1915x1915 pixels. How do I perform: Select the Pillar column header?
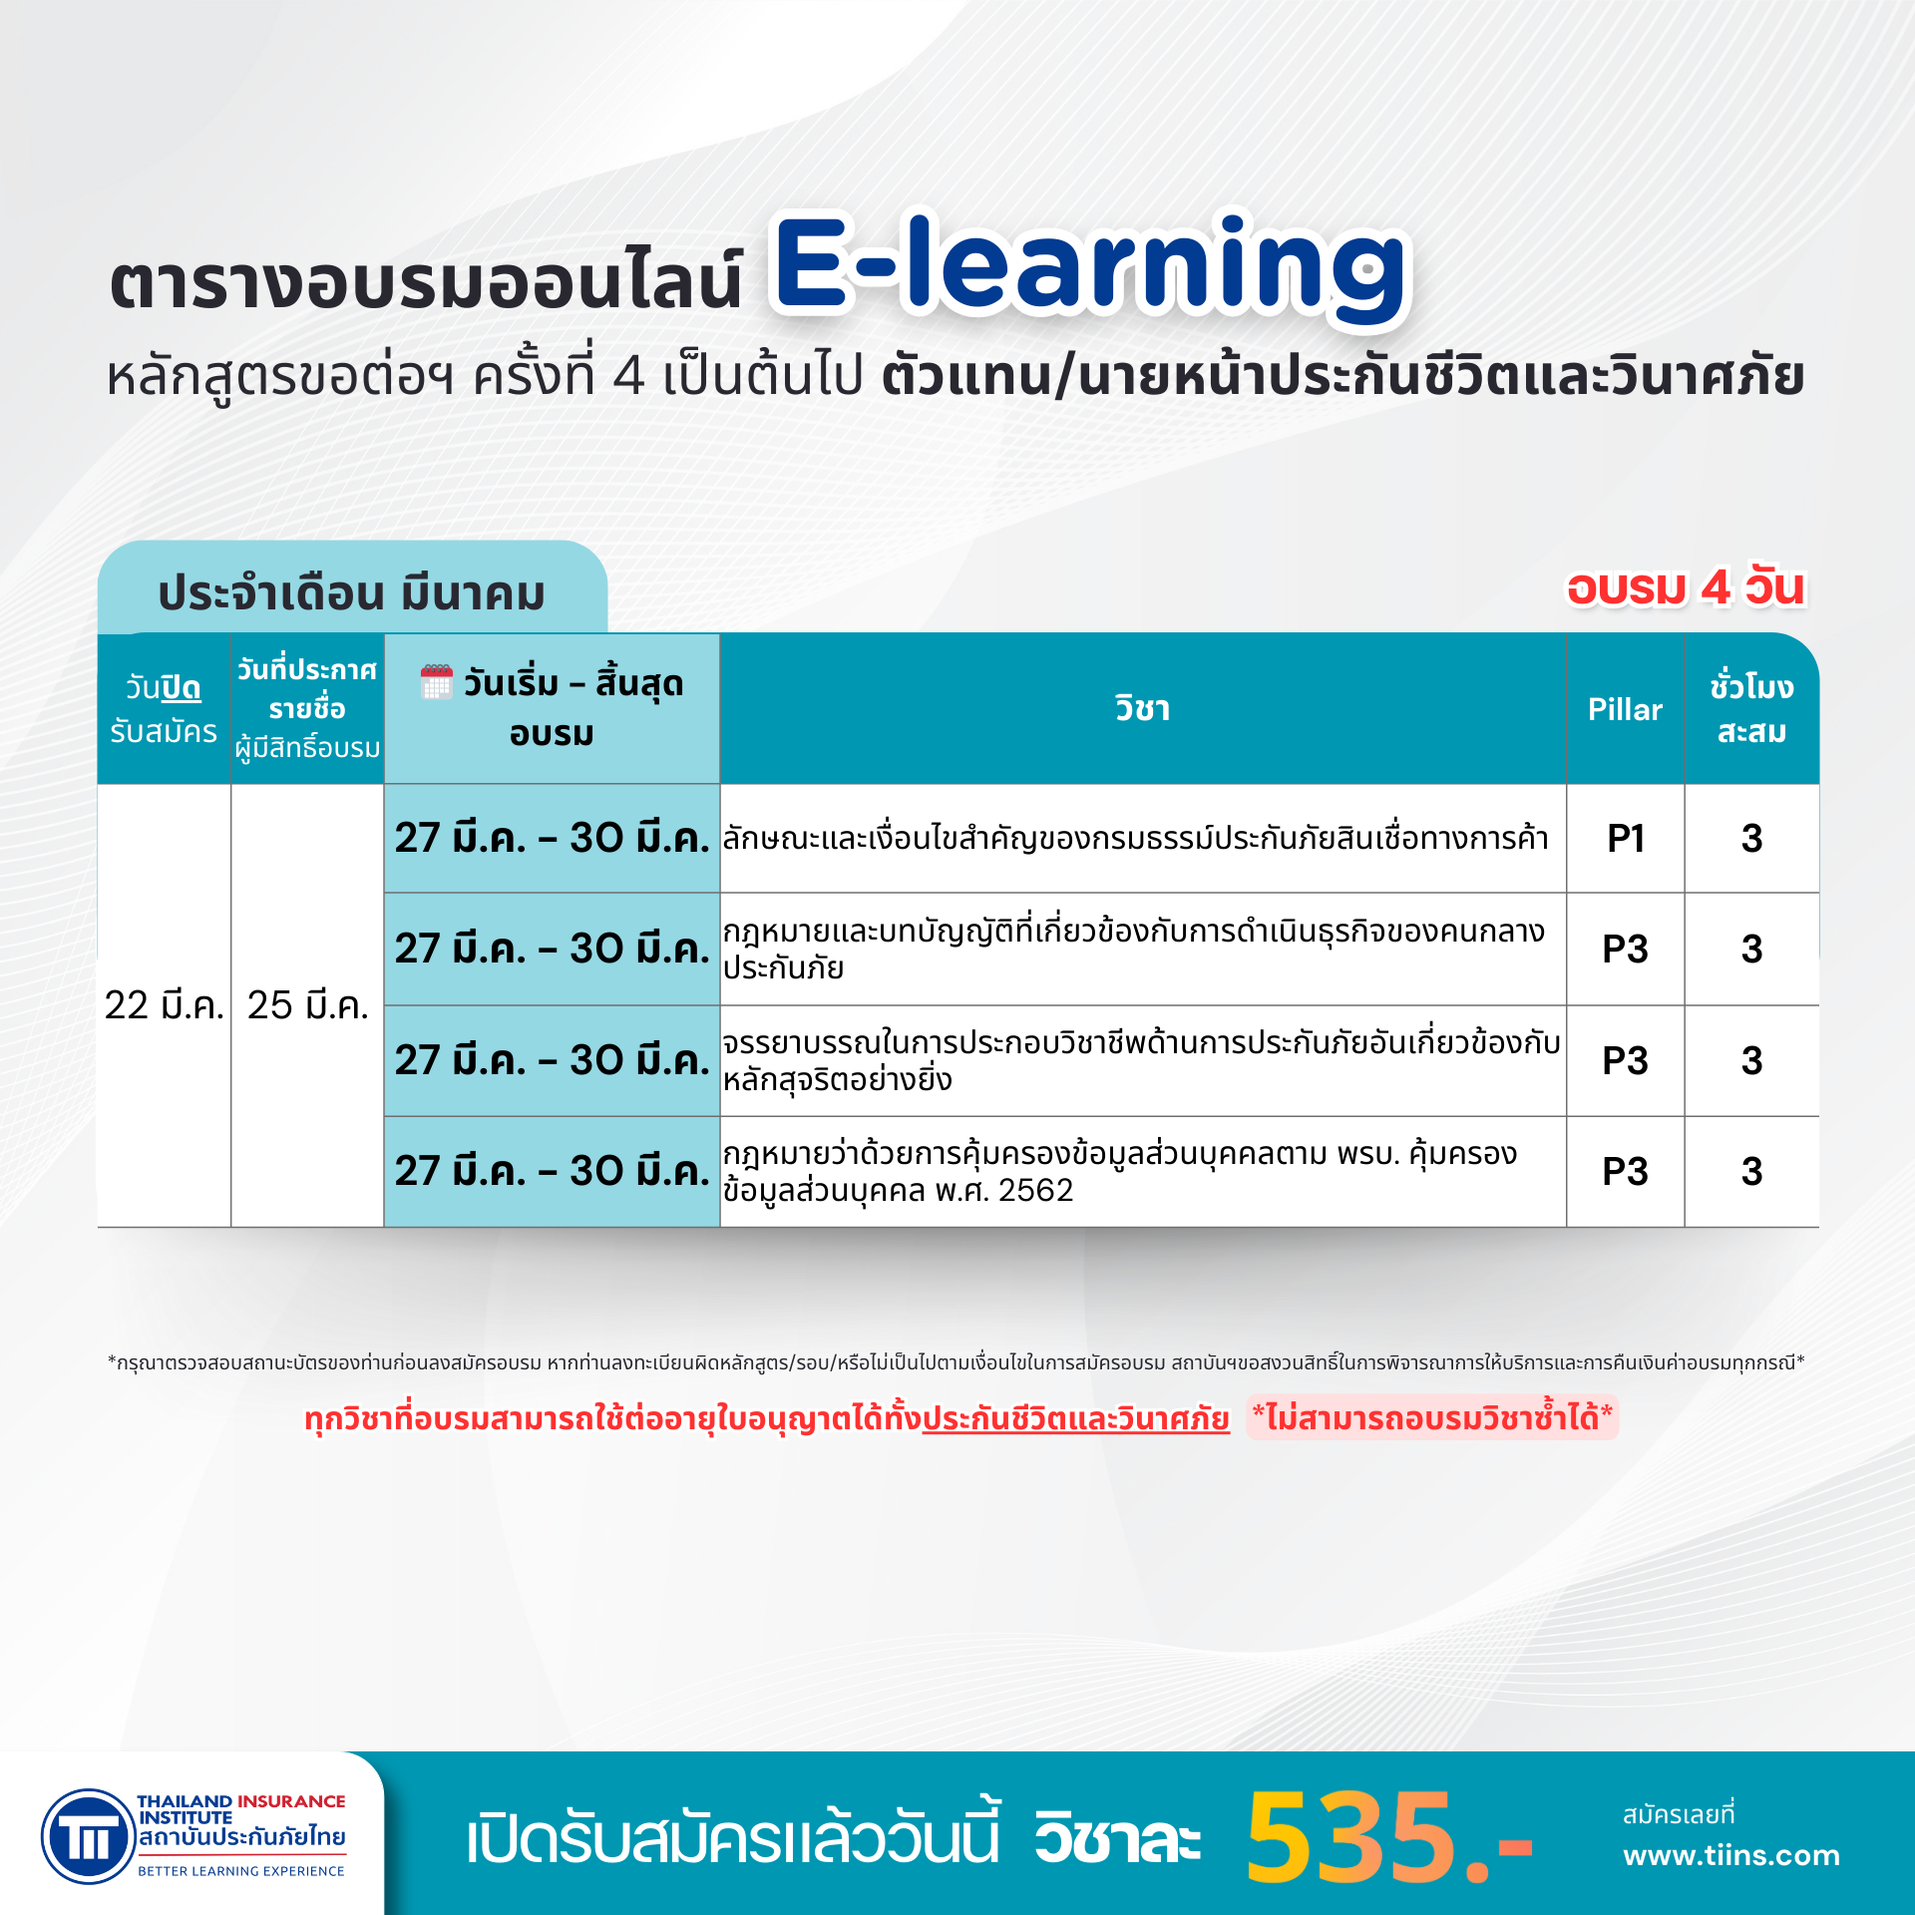click(x=1625, y=709)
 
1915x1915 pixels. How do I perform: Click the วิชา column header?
click(x=1142, y=709)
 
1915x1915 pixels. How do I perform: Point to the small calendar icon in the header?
click(x=436, y=682)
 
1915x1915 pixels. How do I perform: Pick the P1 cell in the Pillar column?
click(x=1625, y=838)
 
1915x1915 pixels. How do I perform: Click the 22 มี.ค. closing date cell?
click(x=164, y=1004)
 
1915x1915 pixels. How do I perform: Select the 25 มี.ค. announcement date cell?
click(x=307, y=1004)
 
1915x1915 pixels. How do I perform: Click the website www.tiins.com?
click(x=1730, y=1855)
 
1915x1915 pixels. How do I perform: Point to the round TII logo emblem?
click(x=89, y=1836)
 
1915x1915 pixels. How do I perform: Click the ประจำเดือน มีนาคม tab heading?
click(x=352, y=592)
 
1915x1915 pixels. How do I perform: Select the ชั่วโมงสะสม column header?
click(x=1751, y=708)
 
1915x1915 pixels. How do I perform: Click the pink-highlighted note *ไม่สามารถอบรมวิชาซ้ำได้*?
click(x=1432, y=1417)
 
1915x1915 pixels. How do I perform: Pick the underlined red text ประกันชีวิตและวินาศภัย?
click(x=1075, y=1417)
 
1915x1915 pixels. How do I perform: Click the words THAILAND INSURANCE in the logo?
click(x=241, y=1800)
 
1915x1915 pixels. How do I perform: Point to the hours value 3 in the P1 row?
click(x=1751, y=838)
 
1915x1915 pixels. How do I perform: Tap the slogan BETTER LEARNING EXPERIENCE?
click(x=241, y=1871)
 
